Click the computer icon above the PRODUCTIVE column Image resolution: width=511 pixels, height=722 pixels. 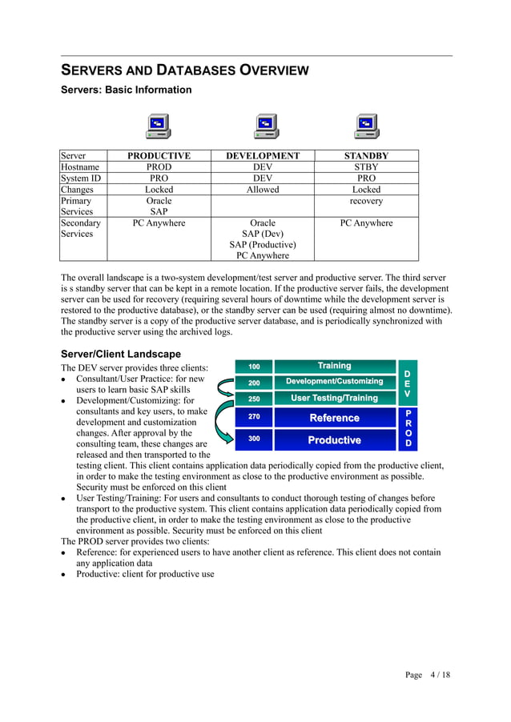[158, 126]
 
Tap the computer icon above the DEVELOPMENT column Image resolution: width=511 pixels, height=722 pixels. [266, 126]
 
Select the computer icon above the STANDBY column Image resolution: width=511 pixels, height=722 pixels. [367, 126]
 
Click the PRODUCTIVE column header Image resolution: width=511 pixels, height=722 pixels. [159, 156]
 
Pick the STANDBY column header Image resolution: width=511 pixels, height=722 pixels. [366, 156]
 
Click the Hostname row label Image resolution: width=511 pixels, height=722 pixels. [79, 167]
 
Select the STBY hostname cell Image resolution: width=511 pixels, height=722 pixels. [366, 167]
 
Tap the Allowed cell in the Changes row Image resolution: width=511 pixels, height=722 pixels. [263, 190]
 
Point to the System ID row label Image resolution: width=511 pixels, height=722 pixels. [81, 178]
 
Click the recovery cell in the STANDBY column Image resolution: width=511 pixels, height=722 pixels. [366, 201]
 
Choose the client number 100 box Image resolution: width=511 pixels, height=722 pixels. [254, 367]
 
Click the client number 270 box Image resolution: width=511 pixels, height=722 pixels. [254, 417]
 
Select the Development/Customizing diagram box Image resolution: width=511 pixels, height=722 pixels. [334, 382]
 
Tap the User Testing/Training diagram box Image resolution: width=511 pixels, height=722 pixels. [334, 398]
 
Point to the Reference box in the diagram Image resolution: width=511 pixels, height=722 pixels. [334, 418]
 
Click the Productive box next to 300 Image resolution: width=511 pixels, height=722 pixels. [334, 440]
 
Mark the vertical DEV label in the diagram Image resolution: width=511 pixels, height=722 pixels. [407, 383]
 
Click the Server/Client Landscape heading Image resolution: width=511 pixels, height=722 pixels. [121, 354]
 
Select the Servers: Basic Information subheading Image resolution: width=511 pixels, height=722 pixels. [127, 90]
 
